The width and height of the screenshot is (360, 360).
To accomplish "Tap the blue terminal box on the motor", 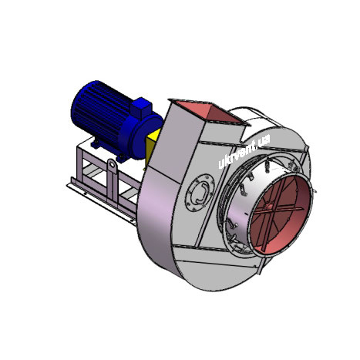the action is click(141, 107).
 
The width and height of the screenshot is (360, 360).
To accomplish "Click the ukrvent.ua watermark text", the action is click(244, 151).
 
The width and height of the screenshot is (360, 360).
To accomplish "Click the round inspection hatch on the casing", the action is click(200, 193).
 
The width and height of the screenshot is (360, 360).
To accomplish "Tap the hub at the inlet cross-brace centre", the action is click(269, 207).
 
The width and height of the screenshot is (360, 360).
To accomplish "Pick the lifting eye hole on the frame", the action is click(112, 163).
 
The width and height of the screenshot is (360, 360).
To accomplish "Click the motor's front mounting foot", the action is click(122, 157).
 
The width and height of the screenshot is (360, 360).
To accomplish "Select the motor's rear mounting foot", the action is click(96, 143).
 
